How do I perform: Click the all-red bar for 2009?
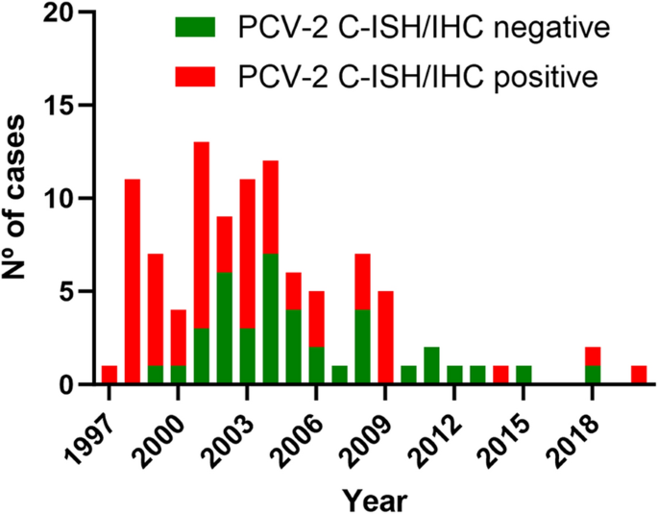[386, 337]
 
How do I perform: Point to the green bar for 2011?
[432, 365]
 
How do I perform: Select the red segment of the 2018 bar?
[594, 356]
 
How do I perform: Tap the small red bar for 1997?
[110, 375]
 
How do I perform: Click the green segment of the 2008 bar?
[363, 347]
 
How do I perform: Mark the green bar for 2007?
[340, 375]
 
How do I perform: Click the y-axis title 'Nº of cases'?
[19, 199]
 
